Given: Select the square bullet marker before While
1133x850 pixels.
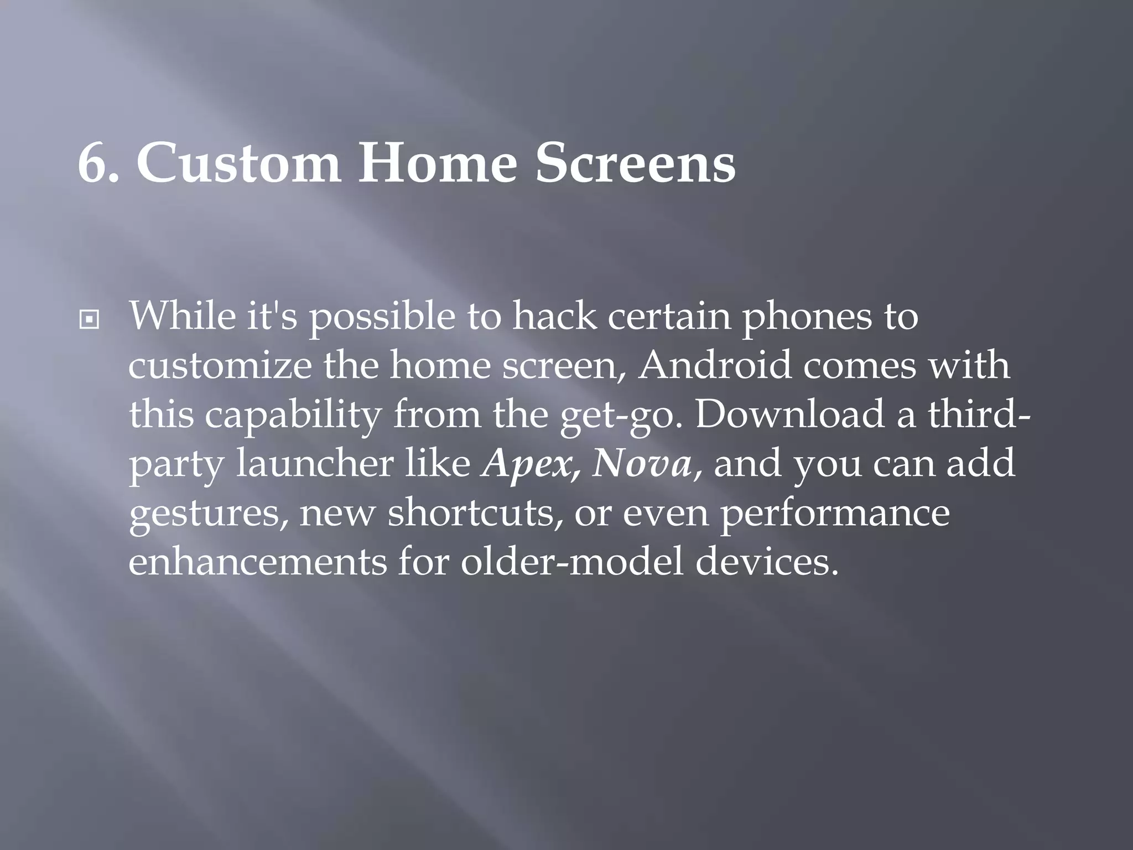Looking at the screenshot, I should (89, 320).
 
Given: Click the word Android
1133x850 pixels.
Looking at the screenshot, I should (714, 366).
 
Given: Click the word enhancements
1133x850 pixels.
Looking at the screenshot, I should (258, 562).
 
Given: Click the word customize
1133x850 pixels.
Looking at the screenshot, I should (220, 366).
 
